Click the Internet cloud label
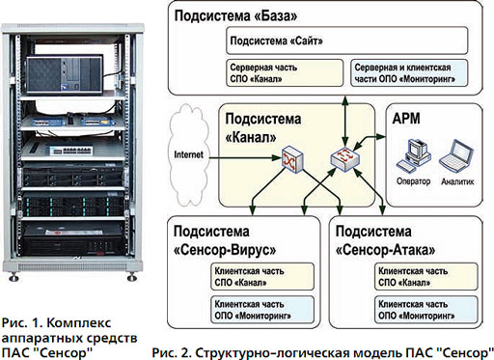(188, 154)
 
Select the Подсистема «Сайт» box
(347, 41)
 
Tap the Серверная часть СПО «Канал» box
(285, 73)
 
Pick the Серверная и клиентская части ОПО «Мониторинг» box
(409, 73)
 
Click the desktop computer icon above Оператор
(414, 156)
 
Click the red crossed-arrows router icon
(292, 159)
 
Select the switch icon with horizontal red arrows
(345, 159)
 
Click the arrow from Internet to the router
(246, 157)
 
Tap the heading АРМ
(406, 119)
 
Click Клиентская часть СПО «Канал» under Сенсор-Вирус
(262, 276)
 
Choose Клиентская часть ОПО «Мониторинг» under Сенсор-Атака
(425, 310)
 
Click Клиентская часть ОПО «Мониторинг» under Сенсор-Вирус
(262, 310)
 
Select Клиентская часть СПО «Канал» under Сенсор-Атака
(425, 276)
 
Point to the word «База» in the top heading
(276, 16)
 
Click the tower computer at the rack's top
(65, 74)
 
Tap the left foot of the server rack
(14, 277)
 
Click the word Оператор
(413, 181)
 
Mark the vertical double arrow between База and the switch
(345, 121)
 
